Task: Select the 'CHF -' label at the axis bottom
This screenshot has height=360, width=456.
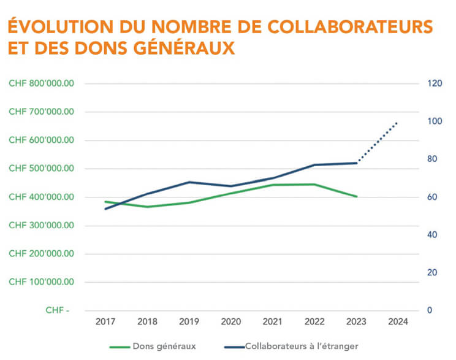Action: click(57, 310)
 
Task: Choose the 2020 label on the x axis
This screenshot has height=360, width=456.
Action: click(230, 321)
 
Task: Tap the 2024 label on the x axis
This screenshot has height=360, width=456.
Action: click(398, 321)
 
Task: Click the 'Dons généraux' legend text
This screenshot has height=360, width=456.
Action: click(164, 347)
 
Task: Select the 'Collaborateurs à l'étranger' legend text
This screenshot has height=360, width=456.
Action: click(301, 347)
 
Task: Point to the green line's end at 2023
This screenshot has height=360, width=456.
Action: click(356, 196)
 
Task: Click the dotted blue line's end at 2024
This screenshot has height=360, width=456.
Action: click(398, 123)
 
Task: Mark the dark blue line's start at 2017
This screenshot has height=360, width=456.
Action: click(105, 209)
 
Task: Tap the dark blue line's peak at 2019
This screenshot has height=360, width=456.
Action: click(189, 182)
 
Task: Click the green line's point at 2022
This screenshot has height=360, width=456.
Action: click(314, 184)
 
